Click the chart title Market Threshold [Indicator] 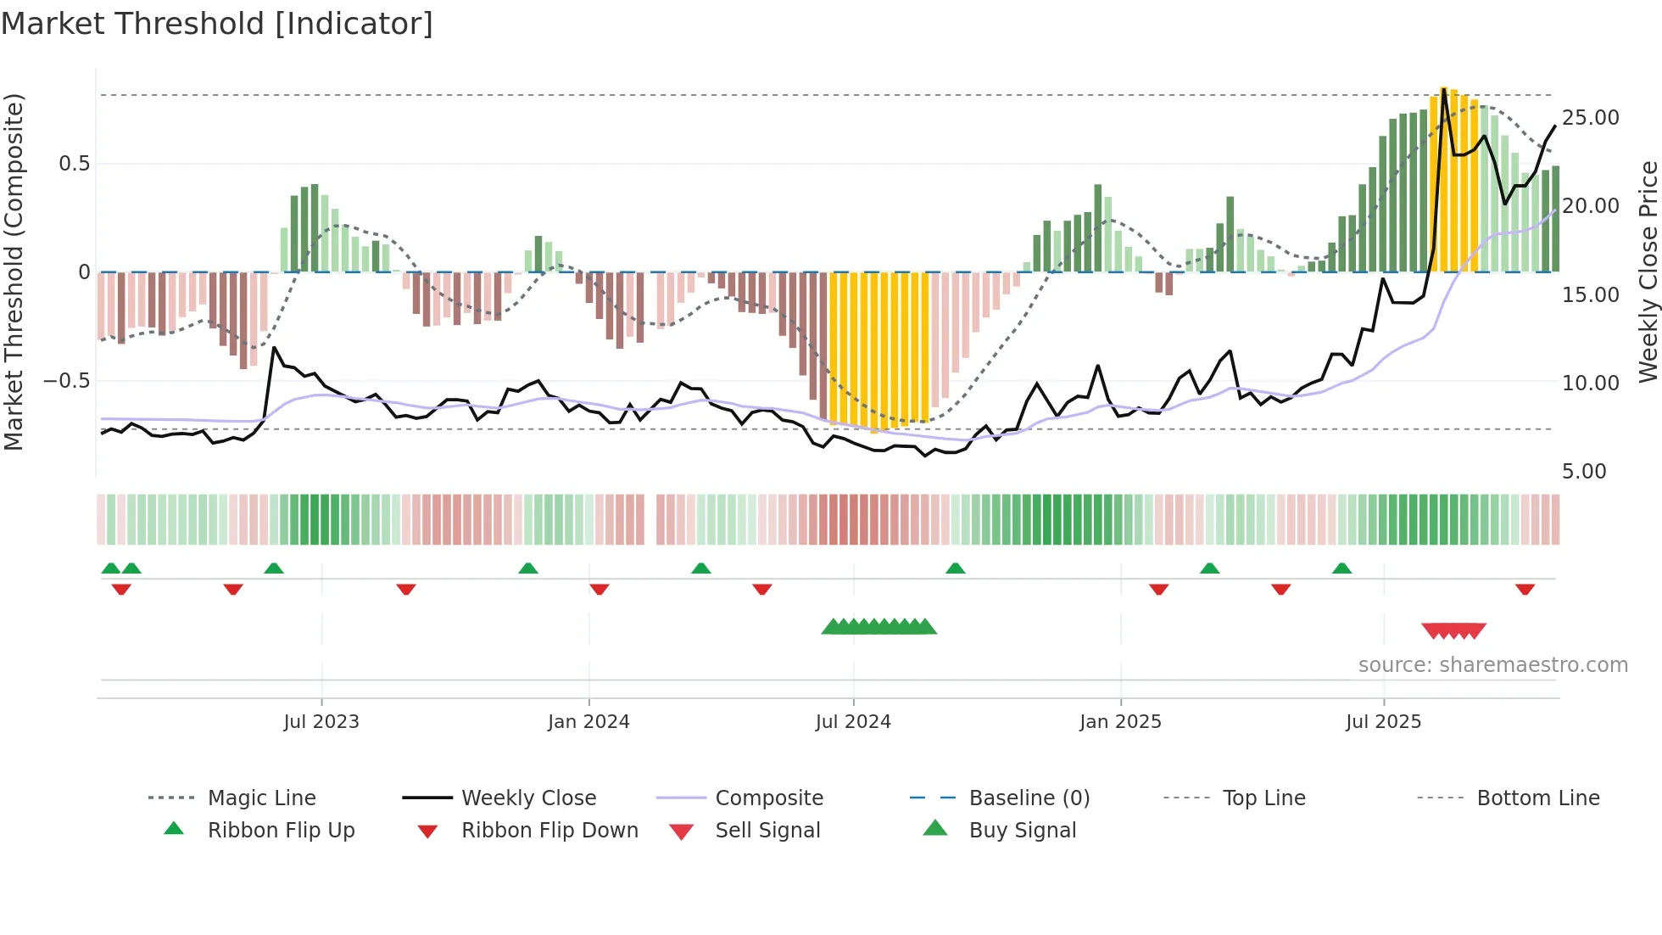coord(217,24)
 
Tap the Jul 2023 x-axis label coord(321,722)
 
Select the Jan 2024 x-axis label coord(588,722)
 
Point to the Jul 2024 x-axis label coord(853,722)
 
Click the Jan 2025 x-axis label coord(1120,722)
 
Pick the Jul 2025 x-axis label coord(1383,722)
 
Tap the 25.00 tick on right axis coord(1590,118)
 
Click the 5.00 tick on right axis coord(1584,472)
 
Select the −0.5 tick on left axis coord(67,381)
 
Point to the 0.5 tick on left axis coord(75,164)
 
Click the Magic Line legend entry coord(261,798)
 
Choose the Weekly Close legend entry coord(528,798)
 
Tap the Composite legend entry coord(768,798)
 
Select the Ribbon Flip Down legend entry coord(549,831)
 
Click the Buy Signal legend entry coord(1022,831)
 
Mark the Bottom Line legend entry coord(1537,798)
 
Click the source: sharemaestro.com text coord(1492,665)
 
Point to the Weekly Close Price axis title coord(1648,272)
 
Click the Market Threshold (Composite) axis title coord(14,272)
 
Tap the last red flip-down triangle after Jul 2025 coord(1525,589)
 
